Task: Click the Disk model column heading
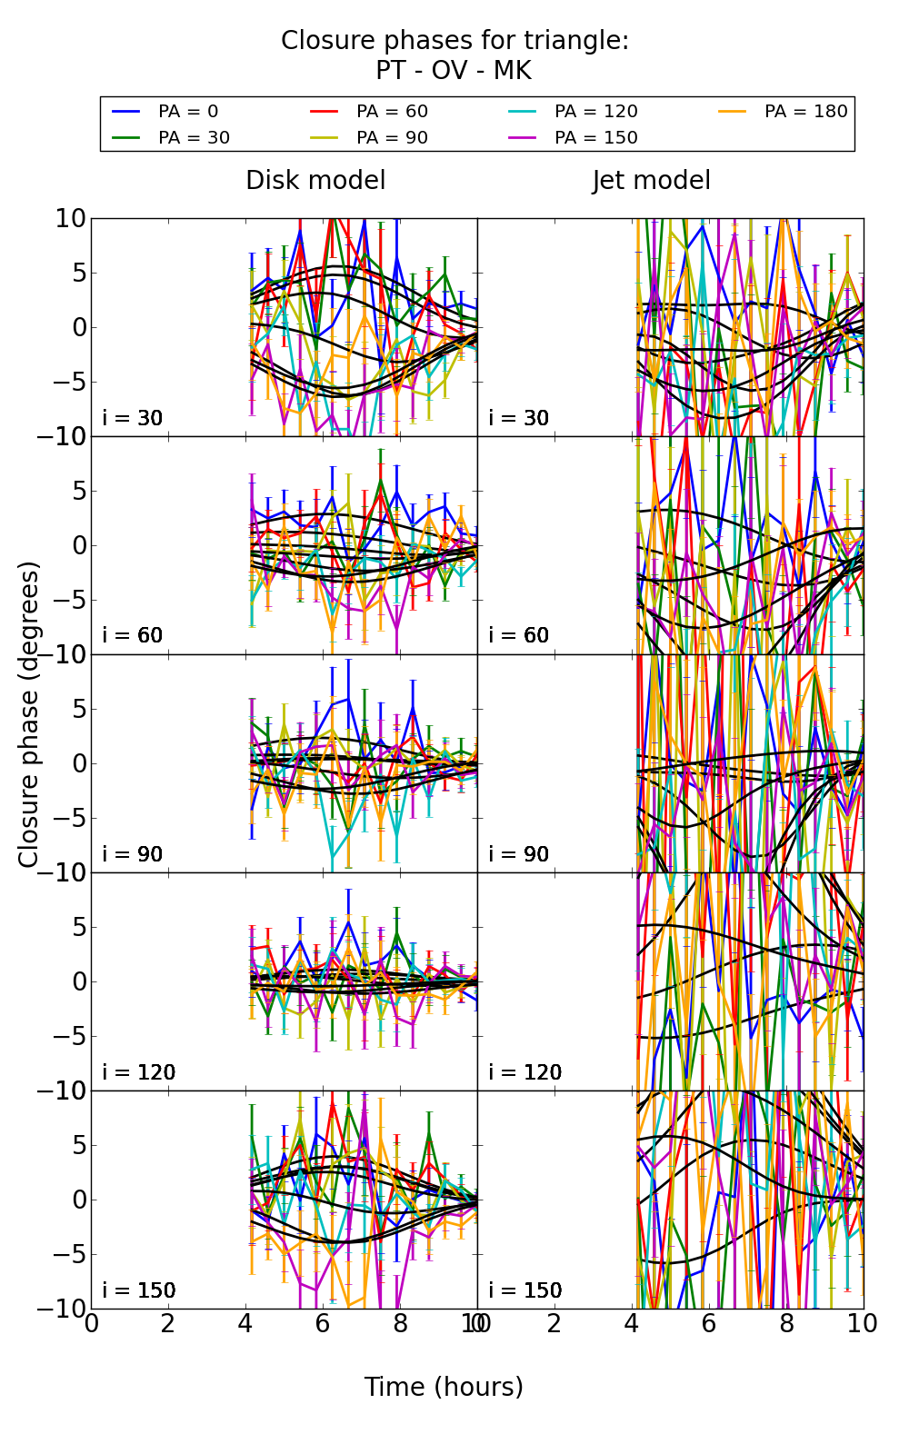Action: tap(315, 181)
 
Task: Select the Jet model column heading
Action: tap(651, 181)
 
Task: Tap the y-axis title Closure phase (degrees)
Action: tap(29, 714)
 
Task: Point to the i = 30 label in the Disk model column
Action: tap(133, 418)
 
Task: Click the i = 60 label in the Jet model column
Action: tap(519, 635)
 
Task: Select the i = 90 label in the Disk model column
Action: tap(133, 854)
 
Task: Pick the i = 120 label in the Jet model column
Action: tap(524, 1072)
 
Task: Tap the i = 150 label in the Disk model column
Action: tap(138, 1290)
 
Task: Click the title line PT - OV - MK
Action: tap(454, 71)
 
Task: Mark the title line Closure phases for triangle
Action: tap(454, 41)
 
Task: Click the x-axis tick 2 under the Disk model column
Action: tap(168, 1324)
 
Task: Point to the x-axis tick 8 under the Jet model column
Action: tap(786, 1324)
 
